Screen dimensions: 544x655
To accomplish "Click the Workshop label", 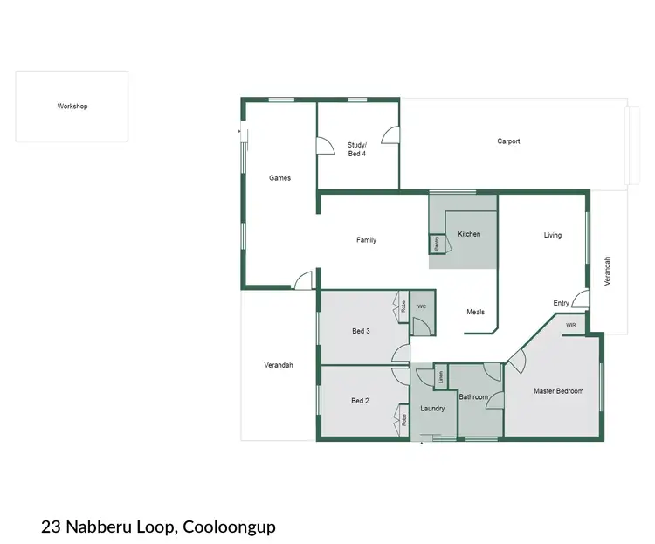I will (x=72, y=107).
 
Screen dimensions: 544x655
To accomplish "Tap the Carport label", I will (x=508, y=141).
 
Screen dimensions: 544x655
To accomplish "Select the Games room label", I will (x=279, y=178).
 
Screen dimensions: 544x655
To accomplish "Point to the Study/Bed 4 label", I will (x=357, y=149).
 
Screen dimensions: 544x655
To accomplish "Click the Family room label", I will (x=366, y=240).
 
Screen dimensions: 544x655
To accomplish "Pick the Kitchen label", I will (x=469, y=234).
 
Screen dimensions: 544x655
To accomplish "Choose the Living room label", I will (x=552, y=235).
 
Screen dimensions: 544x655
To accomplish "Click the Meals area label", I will (x=475, y=312).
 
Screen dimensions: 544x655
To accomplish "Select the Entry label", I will (x=561, y=303).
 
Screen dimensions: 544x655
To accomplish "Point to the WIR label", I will (x=570, y=325).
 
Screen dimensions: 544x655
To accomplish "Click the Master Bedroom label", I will (x=558, y=391).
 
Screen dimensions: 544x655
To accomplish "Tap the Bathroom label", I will (x=473, y=397).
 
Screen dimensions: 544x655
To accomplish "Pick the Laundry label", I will (x=432, y=408).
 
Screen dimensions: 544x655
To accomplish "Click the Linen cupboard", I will (x=441, y=377).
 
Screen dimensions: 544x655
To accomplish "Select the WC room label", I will (x=421, y=306).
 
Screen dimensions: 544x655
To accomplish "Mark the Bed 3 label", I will (x=361, y=331).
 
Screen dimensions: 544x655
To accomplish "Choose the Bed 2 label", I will (x=360, y=401).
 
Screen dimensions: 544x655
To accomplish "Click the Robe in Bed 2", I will (x=404, y=418).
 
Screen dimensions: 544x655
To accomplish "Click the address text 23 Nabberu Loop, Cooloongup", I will (x=158, y=527).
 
